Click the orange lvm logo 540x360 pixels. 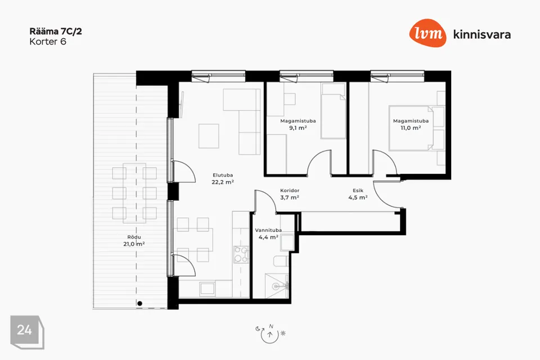click(427, 33)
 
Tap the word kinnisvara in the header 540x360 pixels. click(482, 35)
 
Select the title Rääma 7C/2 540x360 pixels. click(56, 31)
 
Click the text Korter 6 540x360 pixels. click(48, 42)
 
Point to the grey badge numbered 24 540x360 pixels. click(27, 332)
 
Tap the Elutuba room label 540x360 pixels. click(223, 175)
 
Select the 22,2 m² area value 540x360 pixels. click(223, 182)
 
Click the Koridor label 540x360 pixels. click(290, 191)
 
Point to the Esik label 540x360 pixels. click(358, 191)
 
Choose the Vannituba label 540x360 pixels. click(268, 230)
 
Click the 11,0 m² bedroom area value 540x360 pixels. click(411, 128)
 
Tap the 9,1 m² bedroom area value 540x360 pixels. click(298, 128)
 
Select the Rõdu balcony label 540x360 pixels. click(134, 237)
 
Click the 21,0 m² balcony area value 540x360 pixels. click(134, 244)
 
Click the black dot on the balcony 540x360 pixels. click(139, 304)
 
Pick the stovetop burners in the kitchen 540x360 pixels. click(241, 255)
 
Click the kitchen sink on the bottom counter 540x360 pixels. click(208, 289)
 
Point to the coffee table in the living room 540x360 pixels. click(209, 136)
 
